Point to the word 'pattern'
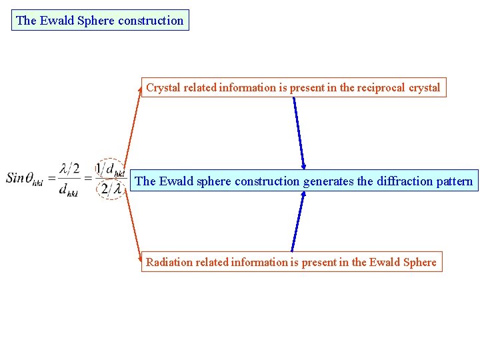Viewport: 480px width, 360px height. point(451,181)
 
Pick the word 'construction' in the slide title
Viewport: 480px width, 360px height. point(151,20)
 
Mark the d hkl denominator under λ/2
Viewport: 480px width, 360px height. point(68,192)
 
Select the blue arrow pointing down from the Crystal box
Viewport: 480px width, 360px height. point(299,133)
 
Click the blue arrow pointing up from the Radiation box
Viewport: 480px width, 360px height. point(297,223)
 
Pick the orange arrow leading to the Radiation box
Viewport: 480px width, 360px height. point(133,227)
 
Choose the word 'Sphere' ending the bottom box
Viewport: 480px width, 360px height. point(420,262)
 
